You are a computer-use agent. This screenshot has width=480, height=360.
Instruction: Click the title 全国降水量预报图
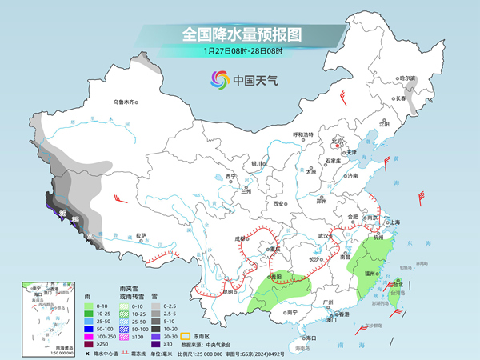point(240,34)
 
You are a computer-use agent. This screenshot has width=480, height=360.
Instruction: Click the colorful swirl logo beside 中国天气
point(219,80)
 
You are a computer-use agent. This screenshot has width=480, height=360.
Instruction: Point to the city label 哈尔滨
point(407,78)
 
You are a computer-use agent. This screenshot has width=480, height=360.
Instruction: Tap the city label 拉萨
point(141,235)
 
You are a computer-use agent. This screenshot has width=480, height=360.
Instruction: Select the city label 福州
point(370,273)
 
